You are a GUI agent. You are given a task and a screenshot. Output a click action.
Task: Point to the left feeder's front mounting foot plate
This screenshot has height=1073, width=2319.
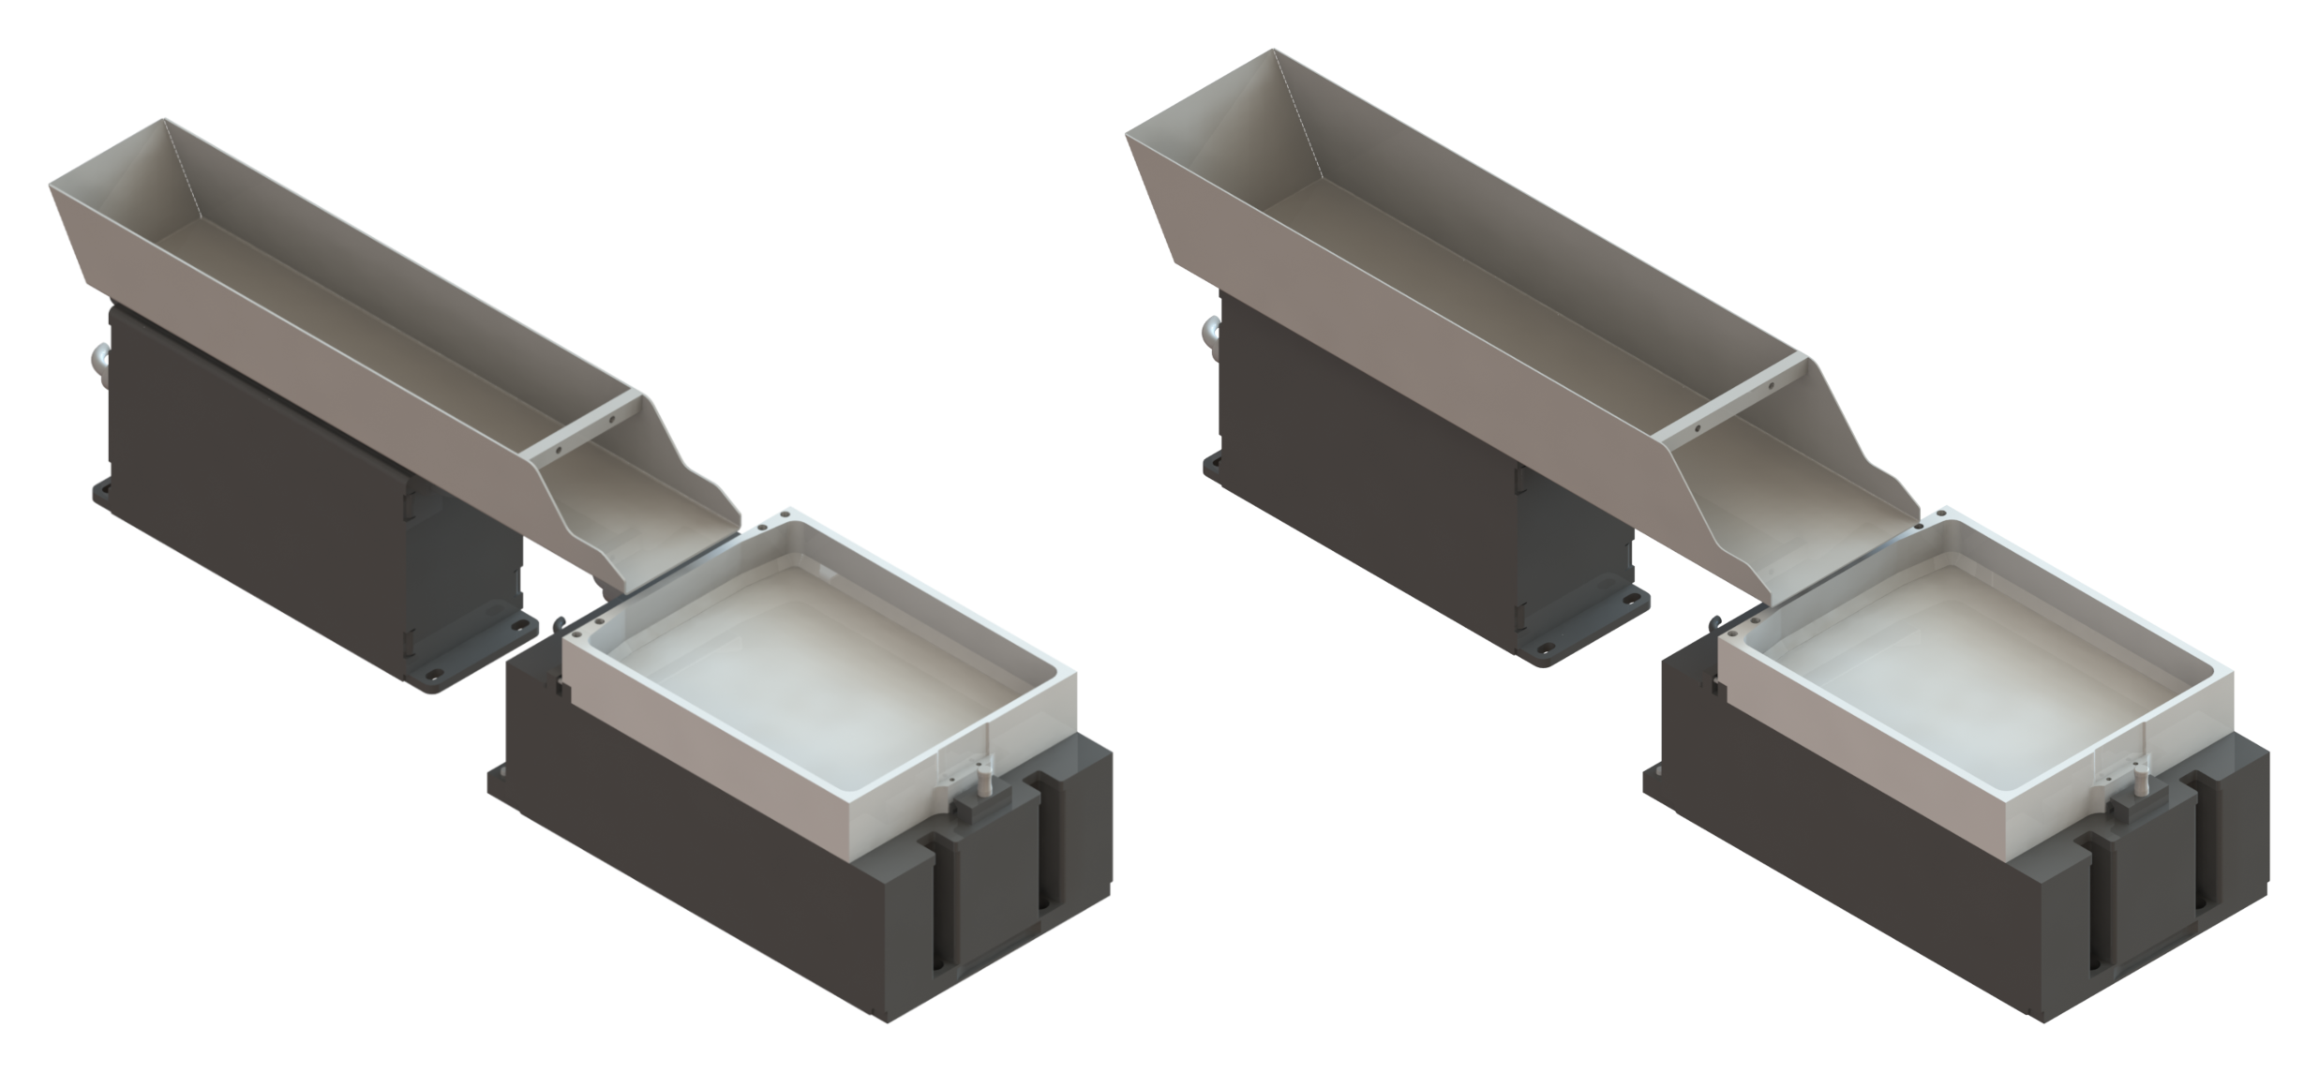[469, 656]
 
